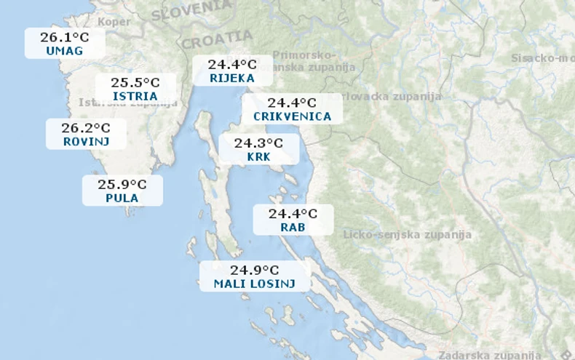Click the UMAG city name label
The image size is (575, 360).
click(64, 51)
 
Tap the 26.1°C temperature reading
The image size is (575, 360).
click(64, 37)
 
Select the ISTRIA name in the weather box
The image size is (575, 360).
click(135, 96)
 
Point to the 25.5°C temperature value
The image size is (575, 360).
click(135, 82)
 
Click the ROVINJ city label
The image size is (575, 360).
click(86, 142)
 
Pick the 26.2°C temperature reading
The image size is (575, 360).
click(86, 128)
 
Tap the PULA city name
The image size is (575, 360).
click(122, 198)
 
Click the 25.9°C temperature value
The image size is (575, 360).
click(122, 184)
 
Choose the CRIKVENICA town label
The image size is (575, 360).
click(292, 116)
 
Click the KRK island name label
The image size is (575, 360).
click(258, 156)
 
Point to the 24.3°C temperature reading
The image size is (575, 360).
click(258, 143)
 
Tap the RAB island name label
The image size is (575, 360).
click(293, 228)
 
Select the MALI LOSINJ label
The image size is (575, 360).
click(255, 284)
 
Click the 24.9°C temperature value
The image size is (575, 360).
click(255, 271)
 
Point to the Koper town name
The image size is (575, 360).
click(114, 22)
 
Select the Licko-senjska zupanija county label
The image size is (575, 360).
click(407, 235)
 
